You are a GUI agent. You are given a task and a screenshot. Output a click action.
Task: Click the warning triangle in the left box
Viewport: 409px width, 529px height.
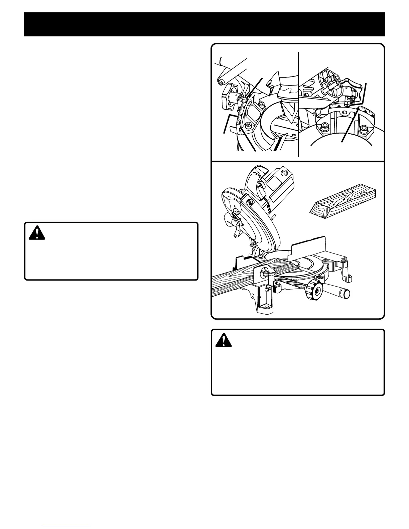[37, 233]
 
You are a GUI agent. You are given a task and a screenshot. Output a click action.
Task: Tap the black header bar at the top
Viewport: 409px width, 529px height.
[204, 24]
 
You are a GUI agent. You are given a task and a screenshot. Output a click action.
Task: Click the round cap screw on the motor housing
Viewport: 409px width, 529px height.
[284, 173]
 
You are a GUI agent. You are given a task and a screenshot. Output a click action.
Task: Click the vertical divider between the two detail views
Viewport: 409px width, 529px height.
[298, 104]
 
